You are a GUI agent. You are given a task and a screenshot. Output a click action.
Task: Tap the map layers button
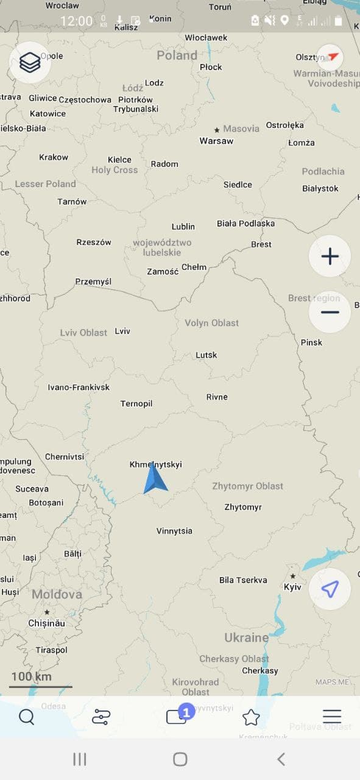tap(30, 62)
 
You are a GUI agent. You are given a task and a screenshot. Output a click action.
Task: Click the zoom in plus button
tap(330, 257)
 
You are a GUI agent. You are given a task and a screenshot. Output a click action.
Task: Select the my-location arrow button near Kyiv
tap(330, 589)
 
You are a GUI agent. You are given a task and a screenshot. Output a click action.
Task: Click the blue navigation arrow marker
tap(155, 479)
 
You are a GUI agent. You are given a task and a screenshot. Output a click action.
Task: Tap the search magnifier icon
tap(27, 717)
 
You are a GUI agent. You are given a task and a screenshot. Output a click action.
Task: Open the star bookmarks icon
tap(251, 717)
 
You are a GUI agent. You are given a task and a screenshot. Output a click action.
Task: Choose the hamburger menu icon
tap(332, 717)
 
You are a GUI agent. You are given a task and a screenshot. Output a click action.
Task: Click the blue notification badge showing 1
tap(186, 711)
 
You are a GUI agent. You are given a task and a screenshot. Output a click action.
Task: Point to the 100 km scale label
tap(31, 676)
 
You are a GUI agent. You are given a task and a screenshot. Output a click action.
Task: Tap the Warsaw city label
tap(216, 141)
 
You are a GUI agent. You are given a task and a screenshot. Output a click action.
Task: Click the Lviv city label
tap(122, 331)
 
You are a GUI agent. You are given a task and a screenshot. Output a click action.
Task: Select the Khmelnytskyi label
tap(155, 464)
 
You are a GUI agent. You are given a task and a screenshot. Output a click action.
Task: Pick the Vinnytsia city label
tap(174, 531)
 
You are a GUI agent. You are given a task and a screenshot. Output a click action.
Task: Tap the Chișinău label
tap(46, 623)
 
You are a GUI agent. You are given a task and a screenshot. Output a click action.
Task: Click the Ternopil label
tap(136, 403)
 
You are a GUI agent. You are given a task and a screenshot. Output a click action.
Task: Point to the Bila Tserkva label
tap(243, 580)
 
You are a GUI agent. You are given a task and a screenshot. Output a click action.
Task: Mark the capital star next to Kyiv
tap(293, 576)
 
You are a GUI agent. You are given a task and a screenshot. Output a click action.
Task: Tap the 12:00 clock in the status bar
tap(76, 21)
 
